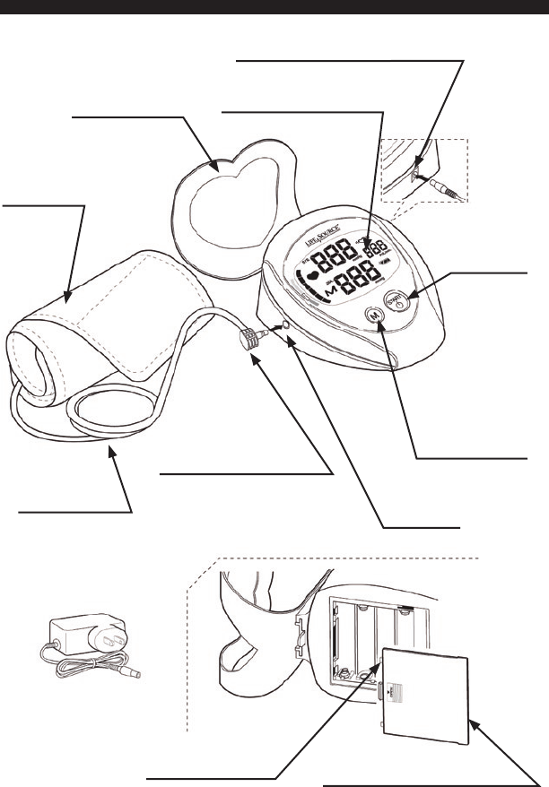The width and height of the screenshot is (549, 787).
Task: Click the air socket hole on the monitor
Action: pyautogui.click(x=284, y=326)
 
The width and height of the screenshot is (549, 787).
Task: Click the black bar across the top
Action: pyautogui.click(x=274, y=6)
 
